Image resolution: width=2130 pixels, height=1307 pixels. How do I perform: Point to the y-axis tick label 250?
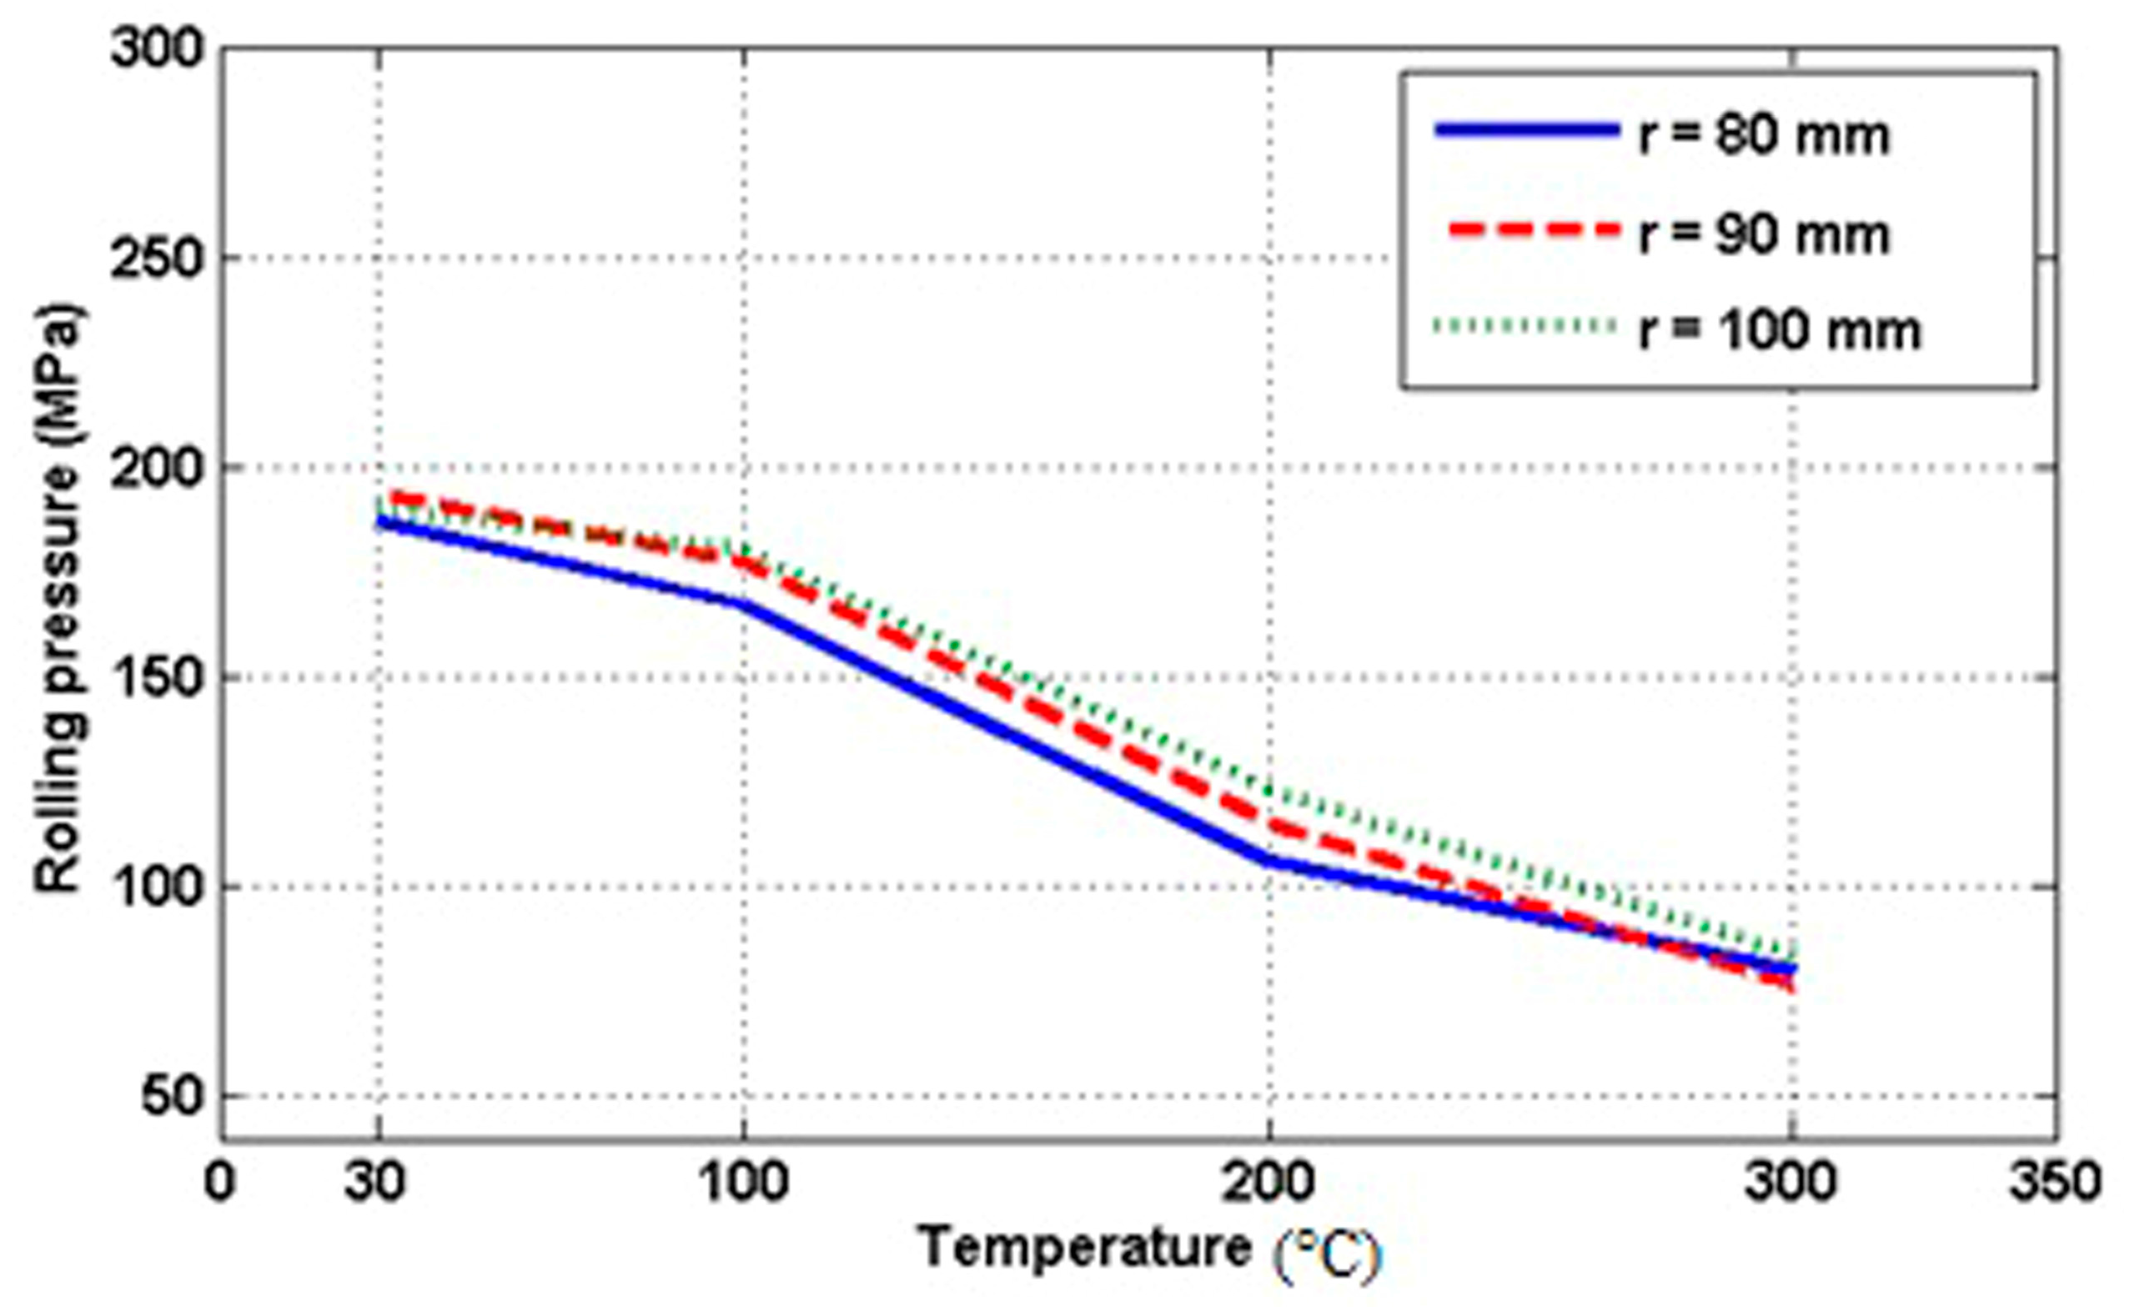pos(156,258)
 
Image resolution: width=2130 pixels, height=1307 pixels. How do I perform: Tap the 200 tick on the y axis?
pos(156,468)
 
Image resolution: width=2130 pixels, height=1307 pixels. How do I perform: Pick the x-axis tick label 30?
pos(375,1182)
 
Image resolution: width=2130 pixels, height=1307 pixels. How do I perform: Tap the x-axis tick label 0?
pos(220,1182)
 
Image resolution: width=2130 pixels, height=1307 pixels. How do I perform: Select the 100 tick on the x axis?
pos(743,1182)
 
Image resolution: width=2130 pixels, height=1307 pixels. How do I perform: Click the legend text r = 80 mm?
pos(1764,135)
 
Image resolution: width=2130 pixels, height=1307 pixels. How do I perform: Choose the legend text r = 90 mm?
pos(1764,234)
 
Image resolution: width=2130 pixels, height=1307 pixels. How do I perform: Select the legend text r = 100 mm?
pos(1779,331)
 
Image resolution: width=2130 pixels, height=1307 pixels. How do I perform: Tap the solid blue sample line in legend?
pos(1525,130)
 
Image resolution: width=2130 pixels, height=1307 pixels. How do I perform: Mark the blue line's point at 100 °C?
pos(743,602)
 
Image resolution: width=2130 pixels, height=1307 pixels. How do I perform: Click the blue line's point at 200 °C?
pos(1269,859)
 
